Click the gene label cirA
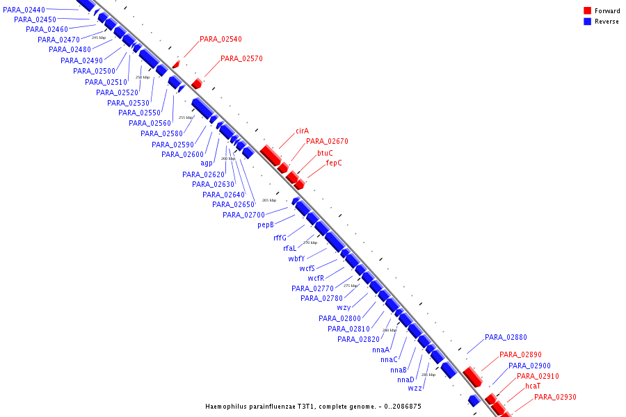[x=302, y=131]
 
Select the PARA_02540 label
[x=220, y=40]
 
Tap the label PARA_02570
[x=241, y=59]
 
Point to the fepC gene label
[x=334, y=163]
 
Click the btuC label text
[x=325, y=153]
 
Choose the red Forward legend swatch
[x=587, y=11]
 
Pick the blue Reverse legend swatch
[x=587, y=22]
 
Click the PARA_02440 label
[x=24, y=10]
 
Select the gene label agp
[x=207, y=163]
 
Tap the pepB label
[x=266, y=225]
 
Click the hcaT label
[x=532, y=386]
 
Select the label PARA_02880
[x=506, y=337]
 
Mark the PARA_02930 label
[x=555, y=397]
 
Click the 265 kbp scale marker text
[x=268, y=200]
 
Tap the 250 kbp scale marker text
[x=142, y=77]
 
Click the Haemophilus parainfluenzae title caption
[x=313, y=407]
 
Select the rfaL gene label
[x=289, y=248]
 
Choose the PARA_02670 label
[x=327, y=141]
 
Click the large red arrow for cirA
[x=269, y=154]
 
